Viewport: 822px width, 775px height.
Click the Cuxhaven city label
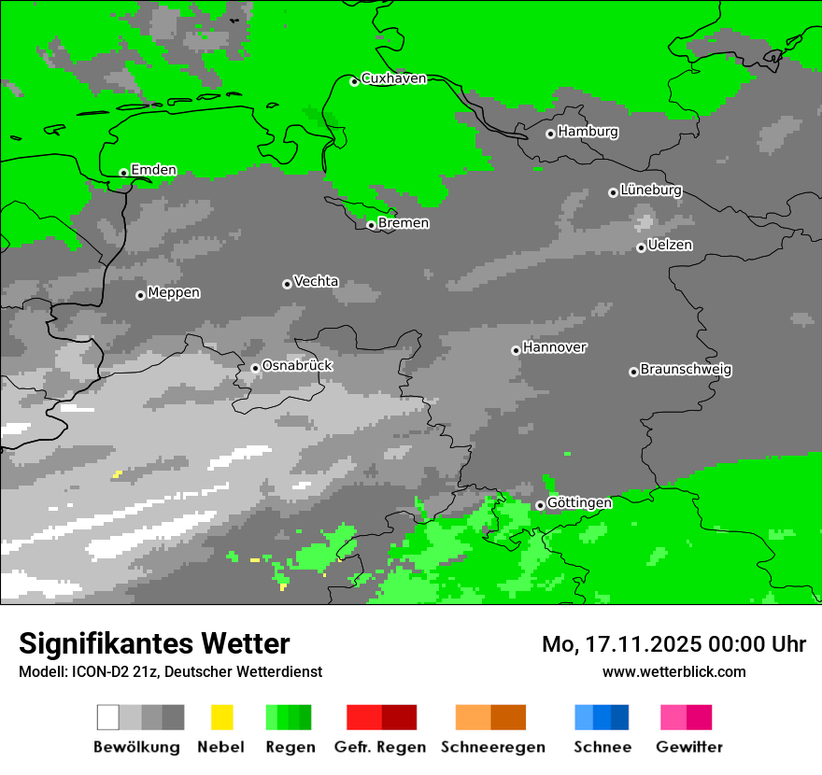click(x=393, y=78)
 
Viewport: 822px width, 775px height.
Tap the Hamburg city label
click(x=588, y=132)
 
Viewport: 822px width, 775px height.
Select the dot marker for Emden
click(x=123, y=173)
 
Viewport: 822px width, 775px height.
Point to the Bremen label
click(x=404, y=223)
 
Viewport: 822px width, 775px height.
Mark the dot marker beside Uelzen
click(x=641, y=247)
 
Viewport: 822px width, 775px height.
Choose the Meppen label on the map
click(x=174, y=292)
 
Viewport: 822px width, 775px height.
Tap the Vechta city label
click(x=316, y=281)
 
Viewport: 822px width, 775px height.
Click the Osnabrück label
click(x=297, y=365)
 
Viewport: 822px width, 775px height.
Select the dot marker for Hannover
click(x=516, y=350)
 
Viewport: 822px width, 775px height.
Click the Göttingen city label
click(x=579, y=502)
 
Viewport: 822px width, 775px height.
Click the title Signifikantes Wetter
click(x=154, y=643)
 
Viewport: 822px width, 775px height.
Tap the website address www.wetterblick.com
click(x=673, y=671)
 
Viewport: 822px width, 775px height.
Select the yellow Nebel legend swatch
click(x=221, y=717)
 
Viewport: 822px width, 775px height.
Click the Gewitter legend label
click(x=689, y=747)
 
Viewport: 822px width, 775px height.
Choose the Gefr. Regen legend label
click(x=379, y=747)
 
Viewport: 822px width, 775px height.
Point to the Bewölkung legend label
click(x=136, y=747)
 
